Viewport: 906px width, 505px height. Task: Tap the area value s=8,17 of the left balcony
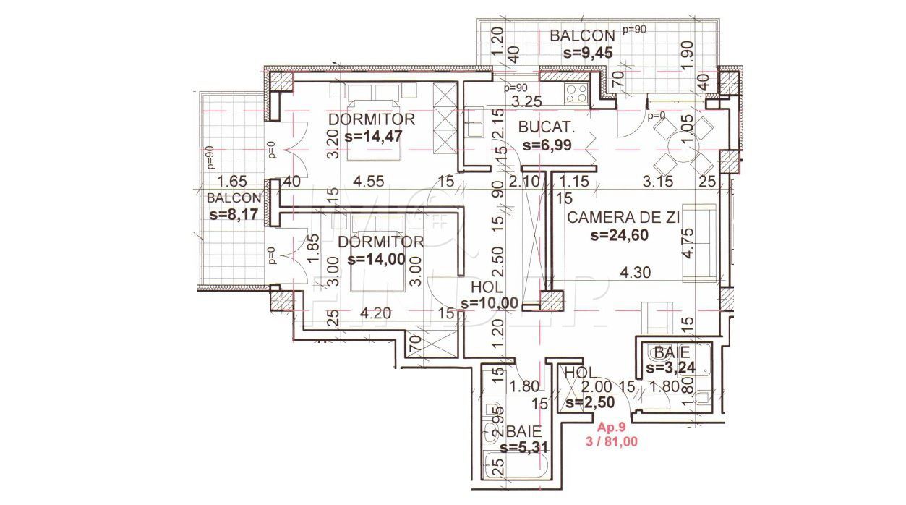[234, 214]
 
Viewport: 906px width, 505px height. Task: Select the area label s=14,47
[373, 135]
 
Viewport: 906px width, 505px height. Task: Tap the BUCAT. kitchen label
[546, 128]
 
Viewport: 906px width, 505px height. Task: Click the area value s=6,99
[546, 145]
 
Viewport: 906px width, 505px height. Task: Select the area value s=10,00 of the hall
[489, 303]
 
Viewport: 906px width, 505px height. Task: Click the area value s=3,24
[671, 368]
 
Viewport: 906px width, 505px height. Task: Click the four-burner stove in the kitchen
[576, 93]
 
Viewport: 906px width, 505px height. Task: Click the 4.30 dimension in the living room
[638, 273]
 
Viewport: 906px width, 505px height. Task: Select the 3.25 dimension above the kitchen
[522, 101]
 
